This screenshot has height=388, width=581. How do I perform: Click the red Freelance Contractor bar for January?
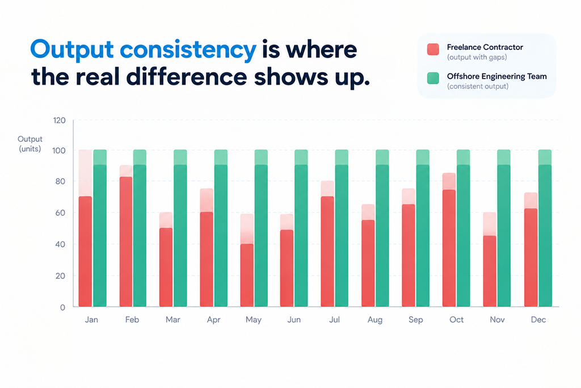click(85, 251)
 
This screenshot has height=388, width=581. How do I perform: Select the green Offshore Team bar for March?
click(180, 228)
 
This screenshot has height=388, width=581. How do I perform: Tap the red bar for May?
click(247, 275)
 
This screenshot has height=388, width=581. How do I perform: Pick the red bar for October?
click(449, 248)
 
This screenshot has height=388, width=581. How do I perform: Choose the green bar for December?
click(545, 228)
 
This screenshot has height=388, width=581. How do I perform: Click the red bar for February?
click(126, 242)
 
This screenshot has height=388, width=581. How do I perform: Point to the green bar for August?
click(382, 228)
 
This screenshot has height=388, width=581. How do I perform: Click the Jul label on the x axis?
click(334, 320)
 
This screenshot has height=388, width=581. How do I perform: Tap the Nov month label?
click(497, 320)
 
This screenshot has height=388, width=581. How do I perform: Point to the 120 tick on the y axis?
click(59, 120)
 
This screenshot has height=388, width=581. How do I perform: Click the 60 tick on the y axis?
click(60, 213)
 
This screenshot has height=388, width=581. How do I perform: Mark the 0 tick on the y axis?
click(62, 307)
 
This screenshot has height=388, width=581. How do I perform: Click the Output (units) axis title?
click(30, 144)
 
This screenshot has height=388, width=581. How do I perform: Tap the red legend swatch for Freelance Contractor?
click(433, 49)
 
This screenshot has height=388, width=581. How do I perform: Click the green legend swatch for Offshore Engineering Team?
click(433, 78)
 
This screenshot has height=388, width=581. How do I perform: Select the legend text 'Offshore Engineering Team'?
click(497, 77)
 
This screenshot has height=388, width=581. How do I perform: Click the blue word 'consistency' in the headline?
click(188, 49)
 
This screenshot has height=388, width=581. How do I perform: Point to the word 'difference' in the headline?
click(186, 77)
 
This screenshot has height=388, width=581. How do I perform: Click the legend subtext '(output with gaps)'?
click(477, 57)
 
